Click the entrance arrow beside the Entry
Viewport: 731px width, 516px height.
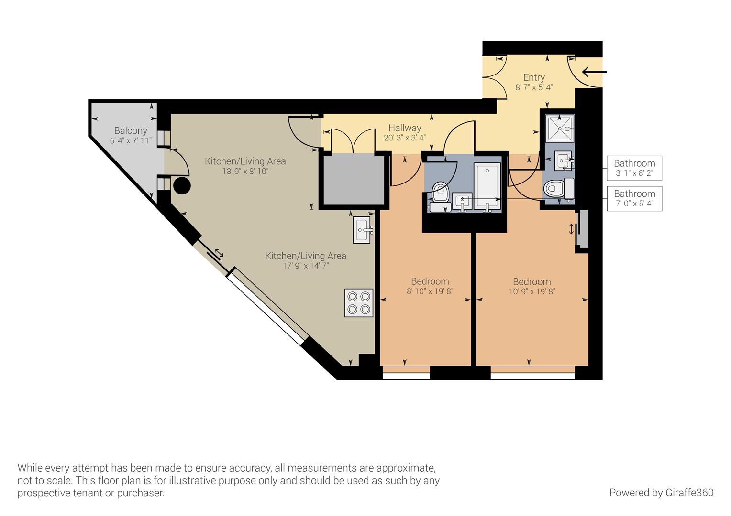[594, 72]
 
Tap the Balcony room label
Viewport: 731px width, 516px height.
[131, 130]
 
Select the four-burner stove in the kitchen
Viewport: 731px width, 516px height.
[359, 302]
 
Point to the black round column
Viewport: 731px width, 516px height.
[182, 185]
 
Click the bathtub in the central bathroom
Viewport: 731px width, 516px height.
[487, 186]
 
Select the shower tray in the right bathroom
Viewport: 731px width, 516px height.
[560, 128]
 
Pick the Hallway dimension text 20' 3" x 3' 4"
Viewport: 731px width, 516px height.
[405, 138]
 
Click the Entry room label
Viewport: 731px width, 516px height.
[534, 77]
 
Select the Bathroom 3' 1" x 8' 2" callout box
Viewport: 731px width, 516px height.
[634, 168]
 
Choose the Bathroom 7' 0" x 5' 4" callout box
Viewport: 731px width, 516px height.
[634, 199]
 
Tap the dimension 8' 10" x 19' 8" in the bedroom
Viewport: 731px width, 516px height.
[430, 291]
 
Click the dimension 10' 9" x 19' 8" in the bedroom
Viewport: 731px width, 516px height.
[532, 291]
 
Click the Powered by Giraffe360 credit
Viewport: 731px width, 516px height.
[661, 493]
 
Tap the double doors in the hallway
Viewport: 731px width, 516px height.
[353, 141]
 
